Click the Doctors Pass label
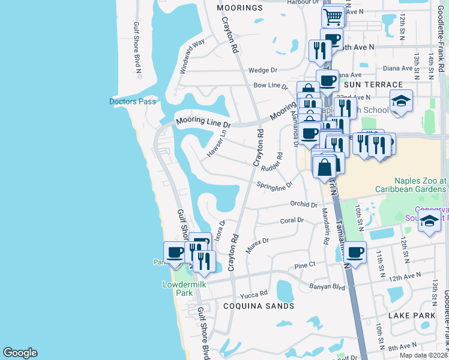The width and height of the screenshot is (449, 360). (132, 101)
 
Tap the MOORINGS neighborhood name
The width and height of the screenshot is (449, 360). (240, 8)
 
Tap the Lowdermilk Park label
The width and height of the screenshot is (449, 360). (177, 289)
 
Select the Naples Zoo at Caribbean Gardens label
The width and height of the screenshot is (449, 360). (420, 184)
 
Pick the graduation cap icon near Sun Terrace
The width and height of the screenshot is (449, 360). (401, 100)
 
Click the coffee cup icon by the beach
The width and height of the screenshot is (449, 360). (175, 252)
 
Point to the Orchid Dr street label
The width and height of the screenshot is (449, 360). (303, 205)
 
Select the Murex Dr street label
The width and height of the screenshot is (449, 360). (257, 241)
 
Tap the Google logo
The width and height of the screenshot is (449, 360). (20, 353)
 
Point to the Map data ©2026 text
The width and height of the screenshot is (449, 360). (423, 355)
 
